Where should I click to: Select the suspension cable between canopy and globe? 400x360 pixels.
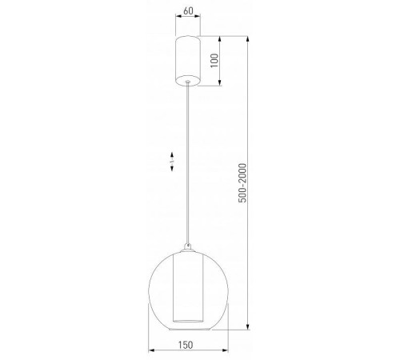click(x=188, y=160)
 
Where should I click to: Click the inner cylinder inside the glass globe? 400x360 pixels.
click(x=188, y=288)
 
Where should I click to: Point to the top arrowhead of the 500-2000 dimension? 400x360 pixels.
click(x=250, y=38)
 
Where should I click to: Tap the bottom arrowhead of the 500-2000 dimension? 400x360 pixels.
click(x=250, y=326)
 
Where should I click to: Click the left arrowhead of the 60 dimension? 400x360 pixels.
click(x=175, y=22)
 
